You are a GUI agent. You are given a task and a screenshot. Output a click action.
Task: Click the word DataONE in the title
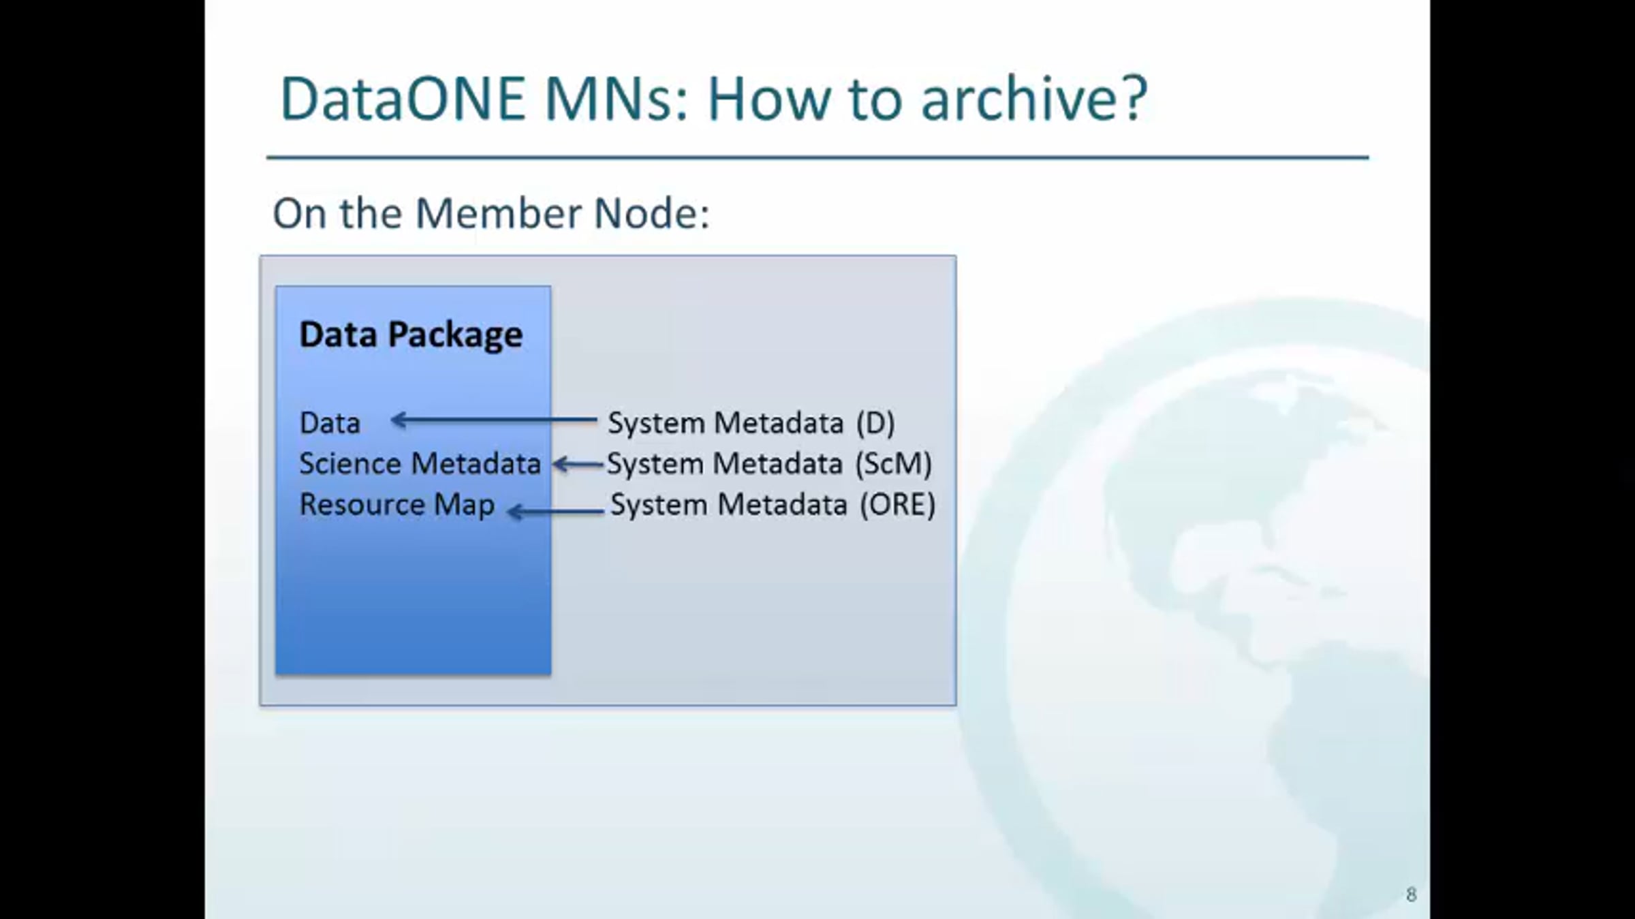[x=403, y=99]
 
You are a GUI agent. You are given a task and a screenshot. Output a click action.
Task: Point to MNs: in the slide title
[x=617, y=99]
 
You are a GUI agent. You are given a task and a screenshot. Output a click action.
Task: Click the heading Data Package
[x=411, y=335]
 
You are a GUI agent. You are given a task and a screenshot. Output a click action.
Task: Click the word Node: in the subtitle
[x=652, y=213]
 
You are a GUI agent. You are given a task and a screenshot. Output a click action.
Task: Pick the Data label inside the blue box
[x=330, y=423]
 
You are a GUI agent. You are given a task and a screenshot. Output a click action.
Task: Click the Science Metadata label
[x=420, y=464]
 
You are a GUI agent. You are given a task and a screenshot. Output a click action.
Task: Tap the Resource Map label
[x=397, y=505]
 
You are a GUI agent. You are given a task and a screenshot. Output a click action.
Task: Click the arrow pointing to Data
[x=494, y=420]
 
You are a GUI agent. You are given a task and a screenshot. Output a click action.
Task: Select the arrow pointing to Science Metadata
[x=578, y=465]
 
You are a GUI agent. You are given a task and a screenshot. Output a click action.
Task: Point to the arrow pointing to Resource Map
[x=556, y=511]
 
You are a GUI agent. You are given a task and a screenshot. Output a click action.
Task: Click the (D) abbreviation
[x=875, y=423]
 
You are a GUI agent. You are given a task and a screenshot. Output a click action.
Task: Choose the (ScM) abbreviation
[x=893, y=464]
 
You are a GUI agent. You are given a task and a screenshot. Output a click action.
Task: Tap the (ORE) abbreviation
[x=897, y=505]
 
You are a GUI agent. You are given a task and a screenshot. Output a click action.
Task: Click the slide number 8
[x=1411, y=894]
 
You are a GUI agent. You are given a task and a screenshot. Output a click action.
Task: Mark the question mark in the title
[x=1133, y=99]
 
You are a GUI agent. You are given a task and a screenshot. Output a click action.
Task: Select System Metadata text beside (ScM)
[x=725, y=464]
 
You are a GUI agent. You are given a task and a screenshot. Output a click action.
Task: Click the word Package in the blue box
[x=455, y=335]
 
